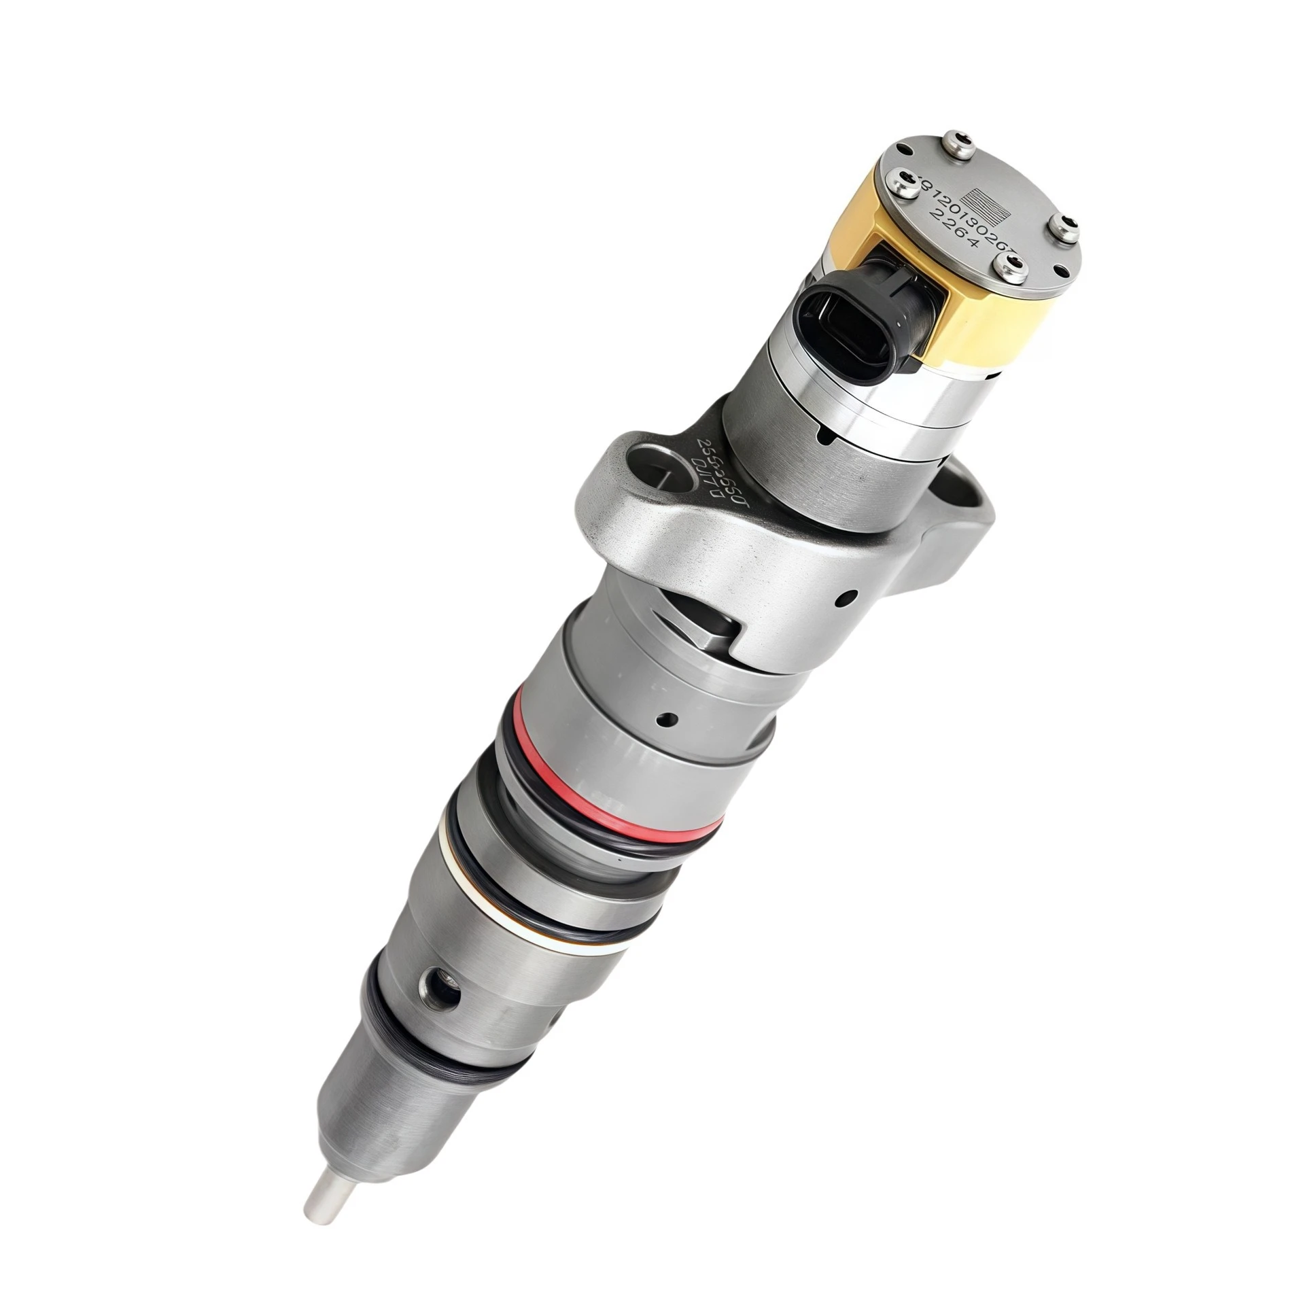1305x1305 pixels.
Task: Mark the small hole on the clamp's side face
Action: pyautogui.click(x=846, y=598)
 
